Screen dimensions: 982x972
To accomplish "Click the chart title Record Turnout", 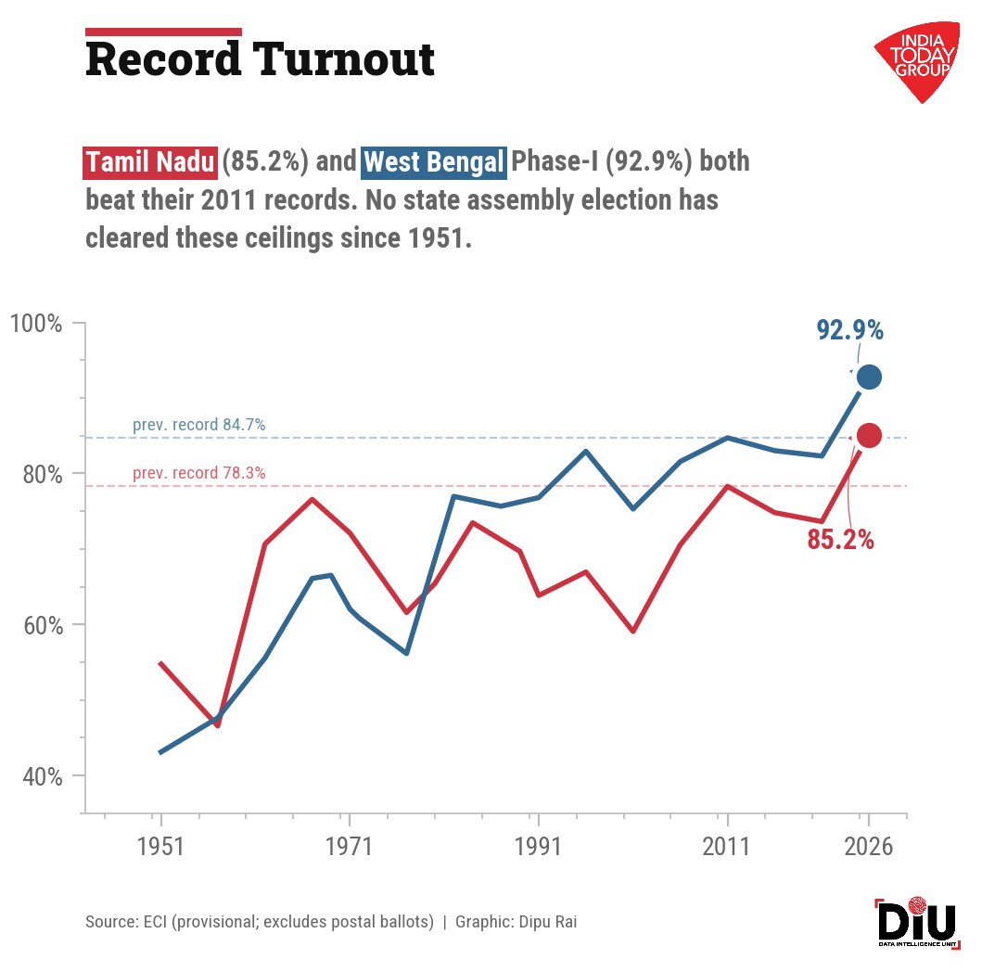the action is (260, 59).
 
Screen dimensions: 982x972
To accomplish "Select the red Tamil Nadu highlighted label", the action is (150, 162).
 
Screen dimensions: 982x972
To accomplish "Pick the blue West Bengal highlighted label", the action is (434, 162).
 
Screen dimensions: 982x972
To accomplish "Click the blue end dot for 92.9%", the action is (869, 377).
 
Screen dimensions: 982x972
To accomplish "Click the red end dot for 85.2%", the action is (869, 435).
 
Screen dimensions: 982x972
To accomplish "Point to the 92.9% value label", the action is (849, 330).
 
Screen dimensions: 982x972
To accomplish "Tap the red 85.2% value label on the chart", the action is (840, 539).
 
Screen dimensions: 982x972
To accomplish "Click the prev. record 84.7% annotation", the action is (199, 425).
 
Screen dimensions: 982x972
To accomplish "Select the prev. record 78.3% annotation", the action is (199, 473).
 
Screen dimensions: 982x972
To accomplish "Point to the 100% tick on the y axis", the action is (36, 324).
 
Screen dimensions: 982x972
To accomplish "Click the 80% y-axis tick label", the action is (43, 475).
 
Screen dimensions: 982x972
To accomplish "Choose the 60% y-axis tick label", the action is (43, 626).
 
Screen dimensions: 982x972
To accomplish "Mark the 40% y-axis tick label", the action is (43, 776).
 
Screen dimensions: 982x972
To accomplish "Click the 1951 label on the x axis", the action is (160, 846).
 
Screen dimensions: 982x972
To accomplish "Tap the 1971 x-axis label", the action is (349, 846).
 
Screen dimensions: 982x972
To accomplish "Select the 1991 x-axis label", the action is (537, 846).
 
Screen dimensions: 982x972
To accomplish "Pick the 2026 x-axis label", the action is (868, 846).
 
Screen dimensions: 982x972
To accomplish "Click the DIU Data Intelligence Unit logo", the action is (917, 923).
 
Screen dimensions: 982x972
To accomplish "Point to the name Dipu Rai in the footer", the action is (547, 922).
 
